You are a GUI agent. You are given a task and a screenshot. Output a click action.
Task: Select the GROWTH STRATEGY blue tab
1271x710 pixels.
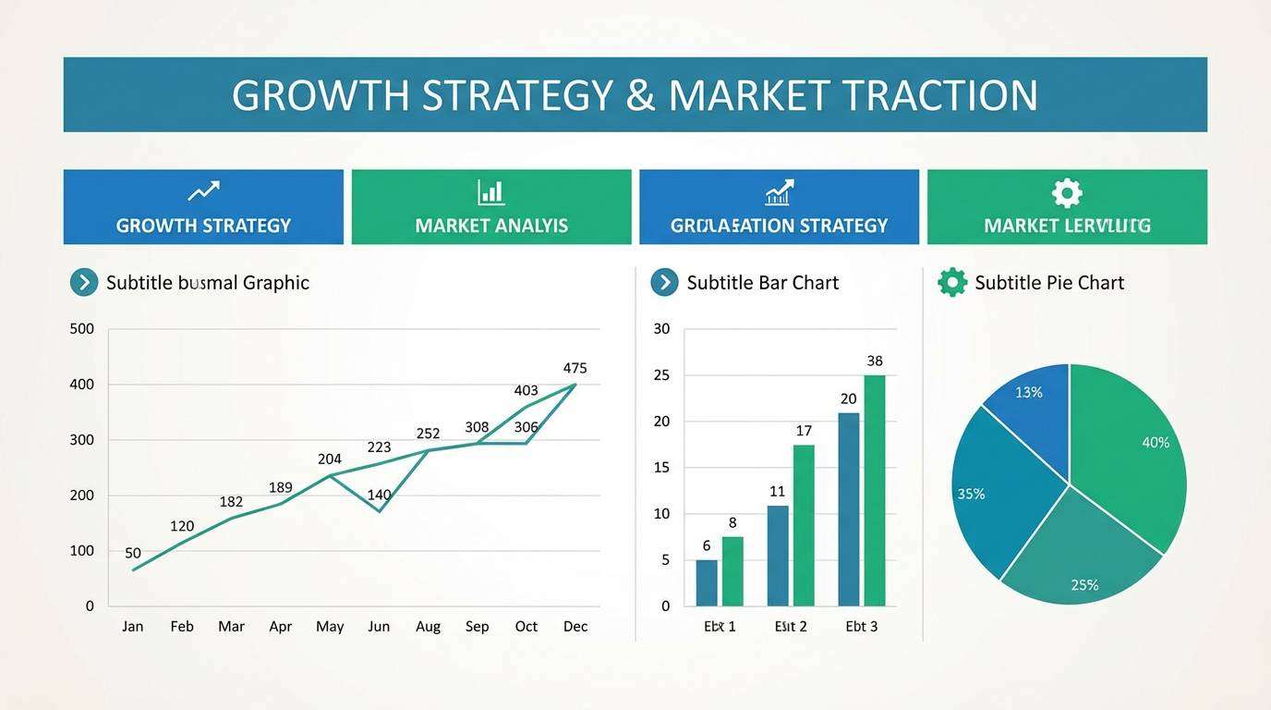pos(203,207)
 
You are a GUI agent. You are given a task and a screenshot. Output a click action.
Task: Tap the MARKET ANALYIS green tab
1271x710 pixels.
pos(491,207)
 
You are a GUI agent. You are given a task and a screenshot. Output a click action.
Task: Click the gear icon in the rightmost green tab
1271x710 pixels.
pos(1067,192)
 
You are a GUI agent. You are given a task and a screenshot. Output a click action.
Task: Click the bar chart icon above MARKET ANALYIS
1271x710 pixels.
pos(490,192)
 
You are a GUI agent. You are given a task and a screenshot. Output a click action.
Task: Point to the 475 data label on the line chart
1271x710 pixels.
pos(575,368)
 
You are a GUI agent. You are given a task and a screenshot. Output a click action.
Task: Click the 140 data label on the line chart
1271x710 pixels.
pos(379,495)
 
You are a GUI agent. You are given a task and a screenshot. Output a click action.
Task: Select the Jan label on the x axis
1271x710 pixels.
pos(132,626)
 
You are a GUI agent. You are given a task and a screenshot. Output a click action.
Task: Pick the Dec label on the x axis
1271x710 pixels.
pos(575,626)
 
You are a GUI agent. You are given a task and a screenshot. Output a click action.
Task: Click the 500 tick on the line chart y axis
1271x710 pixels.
pos(82,328)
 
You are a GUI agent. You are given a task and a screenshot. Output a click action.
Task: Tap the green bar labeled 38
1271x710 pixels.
pos(875,490)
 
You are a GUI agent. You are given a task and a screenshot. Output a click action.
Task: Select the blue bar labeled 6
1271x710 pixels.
pos(707,582)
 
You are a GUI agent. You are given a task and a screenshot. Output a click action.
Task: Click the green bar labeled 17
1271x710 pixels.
pos(804,525)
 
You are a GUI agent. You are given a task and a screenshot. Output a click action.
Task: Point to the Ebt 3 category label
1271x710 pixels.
pos(861,626)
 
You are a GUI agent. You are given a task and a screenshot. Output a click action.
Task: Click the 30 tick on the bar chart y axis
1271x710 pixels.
pos(661,328)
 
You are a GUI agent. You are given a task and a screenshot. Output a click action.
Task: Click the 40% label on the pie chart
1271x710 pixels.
pos(1156,443)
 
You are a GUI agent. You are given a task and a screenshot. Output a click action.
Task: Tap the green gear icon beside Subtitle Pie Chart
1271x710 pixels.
pos(951,282)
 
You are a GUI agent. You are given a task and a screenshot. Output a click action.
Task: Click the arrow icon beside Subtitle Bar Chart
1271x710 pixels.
pos(664,282)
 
